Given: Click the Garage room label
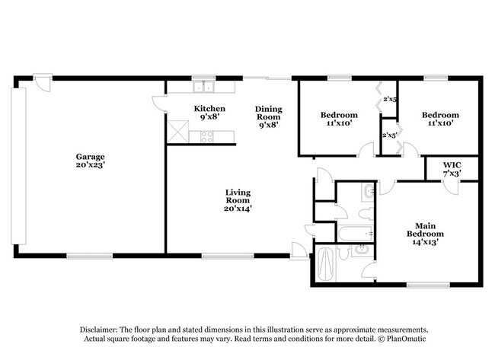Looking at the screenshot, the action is (91, 161).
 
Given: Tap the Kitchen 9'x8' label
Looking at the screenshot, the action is (209, 113).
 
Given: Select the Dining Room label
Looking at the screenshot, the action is (269, 116).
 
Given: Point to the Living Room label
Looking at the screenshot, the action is (238, 200).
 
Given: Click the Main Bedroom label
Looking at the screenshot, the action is (425, 234).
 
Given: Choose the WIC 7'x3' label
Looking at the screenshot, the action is (452, 169).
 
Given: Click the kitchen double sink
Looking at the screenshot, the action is (203, 87).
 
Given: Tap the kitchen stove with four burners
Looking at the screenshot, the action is (207, 137).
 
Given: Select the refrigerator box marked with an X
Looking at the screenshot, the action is (177, 132).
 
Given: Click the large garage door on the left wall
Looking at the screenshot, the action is (18, 166).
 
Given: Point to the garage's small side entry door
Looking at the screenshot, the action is (43, 83).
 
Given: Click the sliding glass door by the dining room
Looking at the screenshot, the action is (267, 78).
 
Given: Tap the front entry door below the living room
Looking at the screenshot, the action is (299, 251).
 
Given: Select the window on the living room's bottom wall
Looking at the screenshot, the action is (228, 256).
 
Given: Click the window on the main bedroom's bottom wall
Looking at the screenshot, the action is (428, 285).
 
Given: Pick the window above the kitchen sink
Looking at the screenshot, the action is (203, 78).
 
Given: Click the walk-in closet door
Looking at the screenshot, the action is (452, 187).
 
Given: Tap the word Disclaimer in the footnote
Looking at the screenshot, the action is (99, 330).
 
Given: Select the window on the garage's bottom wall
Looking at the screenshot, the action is (90, 256).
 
